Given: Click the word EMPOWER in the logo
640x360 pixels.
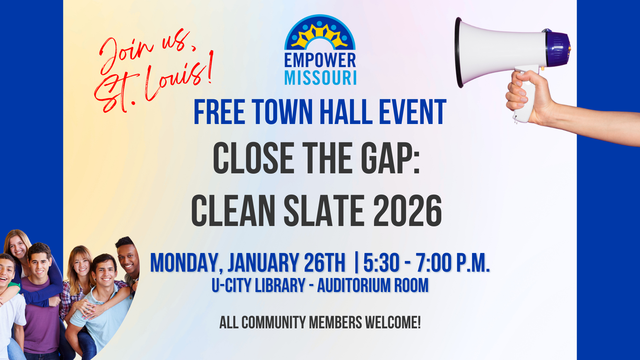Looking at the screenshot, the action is pos(320,60).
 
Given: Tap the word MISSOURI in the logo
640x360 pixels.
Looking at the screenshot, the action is pos(320,78).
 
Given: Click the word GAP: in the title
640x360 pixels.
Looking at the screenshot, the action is pos(391,158).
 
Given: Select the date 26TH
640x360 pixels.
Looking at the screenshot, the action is pos(324,263).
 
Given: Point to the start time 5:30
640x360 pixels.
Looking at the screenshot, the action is pos(381,263).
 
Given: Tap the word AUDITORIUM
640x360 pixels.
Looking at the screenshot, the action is pos(354,285).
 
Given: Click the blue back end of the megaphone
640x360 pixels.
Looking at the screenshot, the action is pos(557,48).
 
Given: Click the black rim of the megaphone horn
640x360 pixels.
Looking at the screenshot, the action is pos(459,53).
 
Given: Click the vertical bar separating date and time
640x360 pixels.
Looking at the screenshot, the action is pos(357,263).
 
